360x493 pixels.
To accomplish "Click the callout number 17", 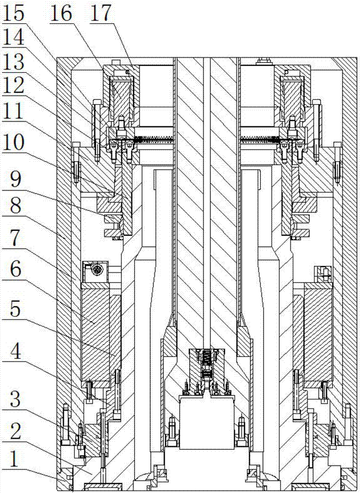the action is (101, 13).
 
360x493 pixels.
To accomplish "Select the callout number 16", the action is (61, 13).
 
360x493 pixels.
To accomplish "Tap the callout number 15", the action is (14, 13).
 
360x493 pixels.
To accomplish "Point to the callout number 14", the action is (14, 38).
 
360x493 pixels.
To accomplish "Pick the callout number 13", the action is (14, 63).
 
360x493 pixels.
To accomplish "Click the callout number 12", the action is (14, 86).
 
